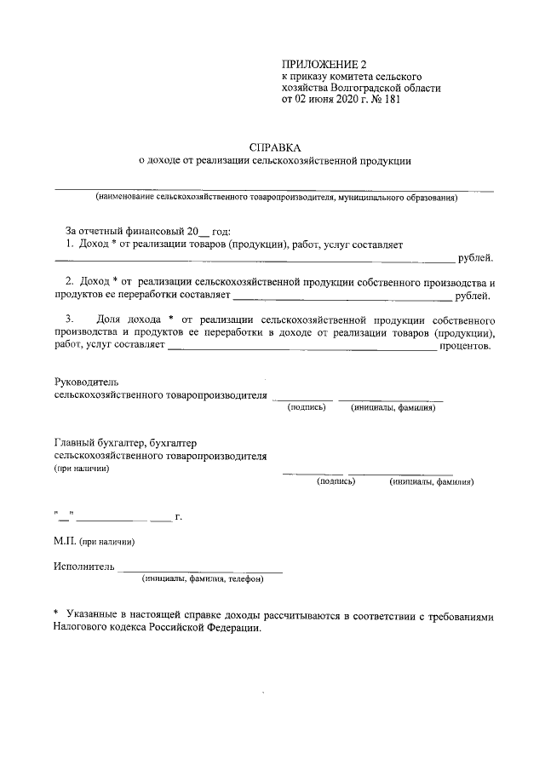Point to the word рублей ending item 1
[475, 257]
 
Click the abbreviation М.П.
[65, 541]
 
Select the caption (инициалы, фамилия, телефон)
[204, 579]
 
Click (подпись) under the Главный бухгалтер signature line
[336, 481]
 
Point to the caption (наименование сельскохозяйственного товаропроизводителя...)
[277, 198]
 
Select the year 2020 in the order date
[347, 99]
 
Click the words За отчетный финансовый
[119, 231]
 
